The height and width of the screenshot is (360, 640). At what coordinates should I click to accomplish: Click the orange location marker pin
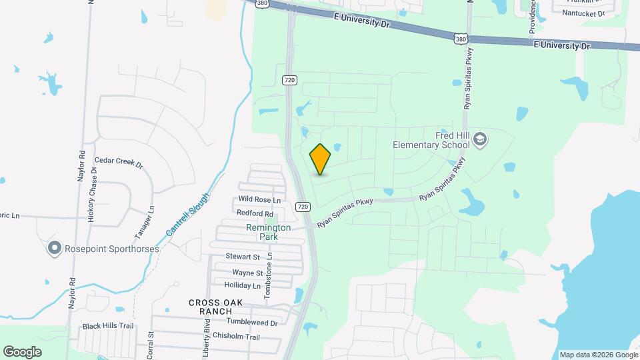321,159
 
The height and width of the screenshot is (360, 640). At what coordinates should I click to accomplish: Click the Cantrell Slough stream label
187,214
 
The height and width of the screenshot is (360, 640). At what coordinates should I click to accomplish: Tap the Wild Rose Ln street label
259,199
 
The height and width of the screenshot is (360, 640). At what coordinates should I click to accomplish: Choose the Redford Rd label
255,213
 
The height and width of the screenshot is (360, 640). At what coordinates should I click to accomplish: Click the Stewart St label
242,257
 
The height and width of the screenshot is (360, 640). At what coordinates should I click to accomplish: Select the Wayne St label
247,273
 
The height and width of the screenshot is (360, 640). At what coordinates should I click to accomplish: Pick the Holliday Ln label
242,285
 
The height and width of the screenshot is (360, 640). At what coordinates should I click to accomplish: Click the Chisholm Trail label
237,337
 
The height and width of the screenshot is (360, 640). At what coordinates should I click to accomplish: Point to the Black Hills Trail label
108,327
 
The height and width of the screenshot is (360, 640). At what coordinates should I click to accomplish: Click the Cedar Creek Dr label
119,161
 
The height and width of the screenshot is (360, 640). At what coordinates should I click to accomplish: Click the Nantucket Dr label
583,13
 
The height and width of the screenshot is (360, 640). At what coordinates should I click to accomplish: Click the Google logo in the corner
22,352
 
